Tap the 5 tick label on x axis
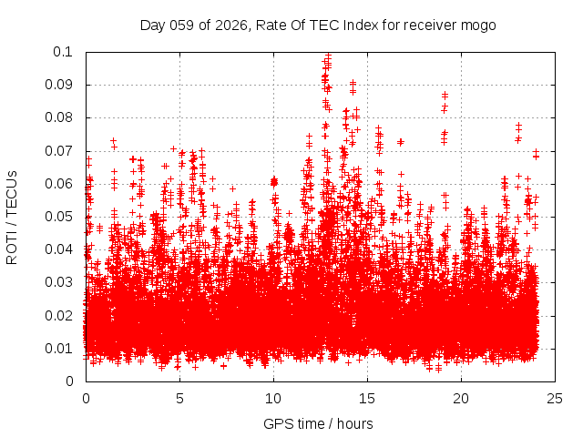pos(179,399)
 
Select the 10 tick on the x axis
pos(273,399)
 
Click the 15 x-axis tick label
pos(367,399)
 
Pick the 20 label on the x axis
pos(461,399)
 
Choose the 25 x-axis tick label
pos(555,399)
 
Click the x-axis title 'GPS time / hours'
pos(318,423)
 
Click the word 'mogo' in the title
pos(477,25)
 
